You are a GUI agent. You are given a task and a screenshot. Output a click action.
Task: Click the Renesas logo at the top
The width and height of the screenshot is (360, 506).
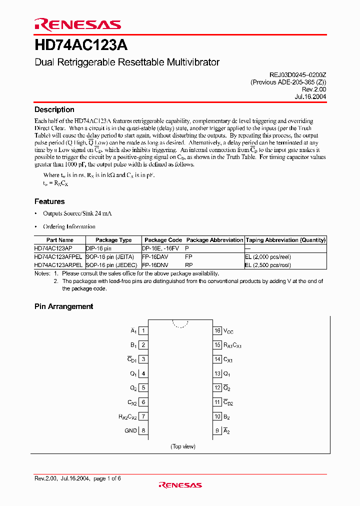point(77,24)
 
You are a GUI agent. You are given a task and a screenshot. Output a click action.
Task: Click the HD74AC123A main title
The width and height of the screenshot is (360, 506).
point(81,46)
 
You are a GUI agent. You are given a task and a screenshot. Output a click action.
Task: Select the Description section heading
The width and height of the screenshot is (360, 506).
point(54,109)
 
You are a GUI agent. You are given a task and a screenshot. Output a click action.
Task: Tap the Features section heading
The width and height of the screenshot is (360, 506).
point(49,201)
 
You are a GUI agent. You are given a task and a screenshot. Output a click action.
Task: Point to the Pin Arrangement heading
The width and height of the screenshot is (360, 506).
point(63,306)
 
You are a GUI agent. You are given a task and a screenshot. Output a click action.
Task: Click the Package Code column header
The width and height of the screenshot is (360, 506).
point(163,240)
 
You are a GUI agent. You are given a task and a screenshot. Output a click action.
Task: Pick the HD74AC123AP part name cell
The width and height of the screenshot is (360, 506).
point(53,248)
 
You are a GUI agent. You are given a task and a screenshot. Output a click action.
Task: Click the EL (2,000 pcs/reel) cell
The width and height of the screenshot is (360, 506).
point(268,256)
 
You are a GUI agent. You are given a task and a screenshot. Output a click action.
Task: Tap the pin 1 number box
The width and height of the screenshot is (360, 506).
point(143,330)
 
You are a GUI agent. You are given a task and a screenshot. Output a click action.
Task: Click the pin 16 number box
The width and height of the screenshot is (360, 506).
point(217,330)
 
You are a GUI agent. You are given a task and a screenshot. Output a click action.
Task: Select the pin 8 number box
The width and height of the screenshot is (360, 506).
point(143,430)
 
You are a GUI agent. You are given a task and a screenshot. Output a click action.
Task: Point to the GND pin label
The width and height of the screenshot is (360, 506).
point(130,430)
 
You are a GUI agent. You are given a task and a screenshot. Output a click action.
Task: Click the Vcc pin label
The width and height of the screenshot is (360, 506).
point(228,331)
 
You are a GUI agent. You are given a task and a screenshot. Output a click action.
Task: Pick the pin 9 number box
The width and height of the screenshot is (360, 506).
point(217,430)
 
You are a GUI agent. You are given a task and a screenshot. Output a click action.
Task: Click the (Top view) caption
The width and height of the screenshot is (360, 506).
point(183,446)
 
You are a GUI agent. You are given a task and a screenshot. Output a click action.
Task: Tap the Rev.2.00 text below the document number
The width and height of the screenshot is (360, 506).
point(314,90)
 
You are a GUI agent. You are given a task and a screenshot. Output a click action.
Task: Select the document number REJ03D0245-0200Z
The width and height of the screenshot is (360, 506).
point(297,74)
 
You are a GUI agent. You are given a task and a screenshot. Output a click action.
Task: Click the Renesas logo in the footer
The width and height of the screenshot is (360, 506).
point(180,484)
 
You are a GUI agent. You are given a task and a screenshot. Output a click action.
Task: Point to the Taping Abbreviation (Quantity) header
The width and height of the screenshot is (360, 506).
point(285,240)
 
